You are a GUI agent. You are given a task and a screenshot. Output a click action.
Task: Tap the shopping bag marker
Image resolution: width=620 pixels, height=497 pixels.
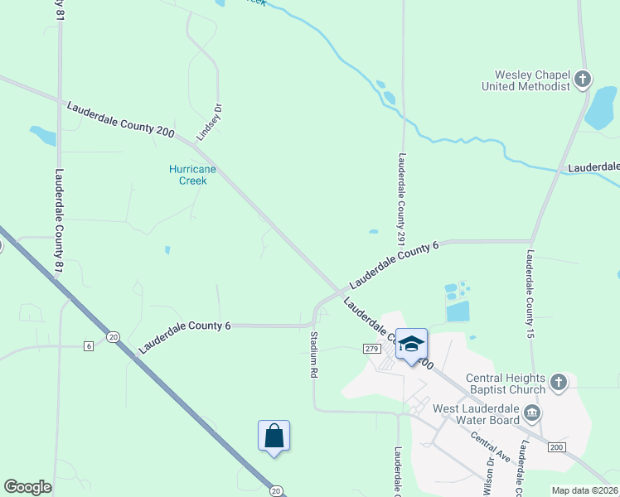pos(274,436)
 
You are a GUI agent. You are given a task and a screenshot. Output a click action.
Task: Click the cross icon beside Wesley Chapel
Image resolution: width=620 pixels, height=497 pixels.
pos(584,80)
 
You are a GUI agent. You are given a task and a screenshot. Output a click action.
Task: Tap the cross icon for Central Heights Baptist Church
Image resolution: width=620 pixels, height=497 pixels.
pos(559,382)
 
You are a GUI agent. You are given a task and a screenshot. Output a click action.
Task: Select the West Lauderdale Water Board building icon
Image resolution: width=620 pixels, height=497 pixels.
pos(533,413)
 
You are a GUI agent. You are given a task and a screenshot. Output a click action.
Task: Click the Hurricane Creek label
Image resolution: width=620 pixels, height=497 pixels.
pos(192,175)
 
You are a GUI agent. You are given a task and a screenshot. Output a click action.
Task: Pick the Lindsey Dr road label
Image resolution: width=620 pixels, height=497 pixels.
pos(211,122)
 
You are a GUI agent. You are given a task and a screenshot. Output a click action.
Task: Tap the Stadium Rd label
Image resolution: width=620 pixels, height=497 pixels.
pos(314,355)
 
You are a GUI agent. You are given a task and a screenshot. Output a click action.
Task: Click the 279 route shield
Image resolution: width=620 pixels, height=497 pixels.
pos(371,350)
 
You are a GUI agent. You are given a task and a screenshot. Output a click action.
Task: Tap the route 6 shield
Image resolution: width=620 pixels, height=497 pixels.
pos(88,345)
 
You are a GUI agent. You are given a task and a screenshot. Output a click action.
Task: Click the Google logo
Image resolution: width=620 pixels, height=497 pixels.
pos(27,487)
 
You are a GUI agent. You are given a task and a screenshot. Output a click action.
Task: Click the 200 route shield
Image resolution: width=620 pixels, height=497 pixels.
pos(556,446)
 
